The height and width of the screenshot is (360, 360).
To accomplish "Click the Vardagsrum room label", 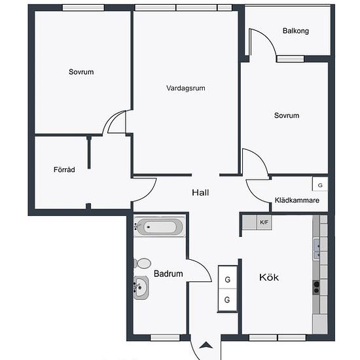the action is point(186,88).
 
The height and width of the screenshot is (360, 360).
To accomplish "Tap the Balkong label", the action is point(296,31).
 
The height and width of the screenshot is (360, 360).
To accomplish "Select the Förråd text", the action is point(64,170).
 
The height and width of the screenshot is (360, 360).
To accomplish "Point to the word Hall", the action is point(200,192).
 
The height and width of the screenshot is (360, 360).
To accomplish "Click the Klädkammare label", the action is point(297,200).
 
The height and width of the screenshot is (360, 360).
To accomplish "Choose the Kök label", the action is point(269,278).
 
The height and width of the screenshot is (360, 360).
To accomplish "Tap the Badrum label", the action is point(168,274).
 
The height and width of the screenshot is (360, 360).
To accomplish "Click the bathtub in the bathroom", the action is point(159,227).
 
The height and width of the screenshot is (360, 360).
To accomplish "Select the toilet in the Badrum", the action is point(142,263).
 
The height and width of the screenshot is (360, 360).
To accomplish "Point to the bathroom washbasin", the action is point(141,287).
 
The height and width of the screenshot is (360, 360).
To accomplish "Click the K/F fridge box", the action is point(264,223).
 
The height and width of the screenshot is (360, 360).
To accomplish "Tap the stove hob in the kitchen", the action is point(316,287).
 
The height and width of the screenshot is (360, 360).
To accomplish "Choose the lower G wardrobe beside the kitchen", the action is point(228,300).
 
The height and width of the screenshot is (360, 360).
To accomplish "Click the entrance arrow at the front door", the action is point(206,345).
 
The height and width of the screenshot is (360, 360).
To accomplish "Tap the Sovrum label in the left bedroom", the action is point(81,72).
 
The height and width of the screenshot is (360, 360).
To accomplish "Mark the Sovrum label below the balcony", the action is point(287,115).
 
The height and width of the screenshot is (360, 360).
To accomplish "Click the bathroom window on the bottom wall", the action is point(165,338).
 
